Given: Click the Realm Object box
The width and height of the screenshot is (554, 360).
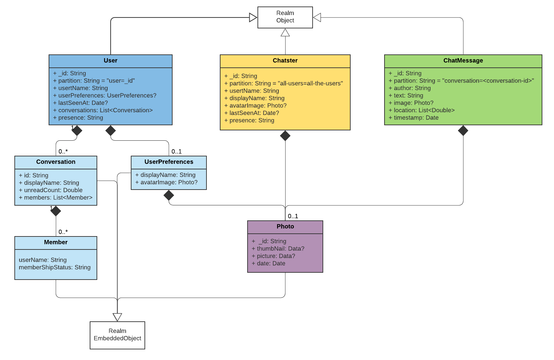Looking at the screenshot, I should point(285,17).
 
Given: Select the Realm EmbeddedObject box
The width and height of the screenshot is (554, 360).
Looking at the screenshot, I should point(117,335).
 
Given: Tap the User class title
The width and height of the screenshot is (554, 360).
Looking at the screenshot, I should point(110,61).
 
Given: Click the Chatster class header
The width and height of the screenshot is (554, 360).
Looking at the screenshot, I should point(285,61).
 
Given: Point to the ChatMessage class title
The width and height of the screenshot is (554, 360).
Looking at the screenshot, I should point(463,61).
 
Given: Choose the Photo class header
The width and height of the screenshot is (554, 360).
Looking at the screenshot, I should point(285,227).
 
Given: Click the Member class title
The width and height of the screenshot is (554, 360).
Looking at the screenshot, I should point(55,242).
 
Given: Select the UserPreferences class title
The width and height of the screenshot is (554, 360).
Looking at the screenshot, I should point(168,162).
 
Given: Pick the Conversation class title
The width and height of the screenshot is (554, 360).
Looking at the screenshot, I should point(55,162).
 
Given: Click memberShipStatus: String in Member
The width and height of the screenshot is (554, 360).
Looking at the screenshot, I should point(54,267).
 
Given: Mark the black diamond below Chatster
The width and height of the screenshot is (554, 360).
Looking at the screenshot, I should point(285,136).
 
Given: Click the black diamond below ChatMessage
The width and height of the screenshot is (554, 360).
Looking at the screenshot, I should point(463,130).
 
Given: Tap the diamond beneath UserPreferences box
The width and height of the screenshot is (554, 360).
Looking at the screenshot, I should point(168,195).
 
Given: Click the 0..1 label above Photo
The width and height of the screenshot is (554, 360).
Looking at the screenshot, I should point(293,216).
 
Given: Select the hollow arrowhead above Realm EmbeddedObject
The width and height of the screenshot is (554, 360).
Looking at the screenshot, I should point(117,317).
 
